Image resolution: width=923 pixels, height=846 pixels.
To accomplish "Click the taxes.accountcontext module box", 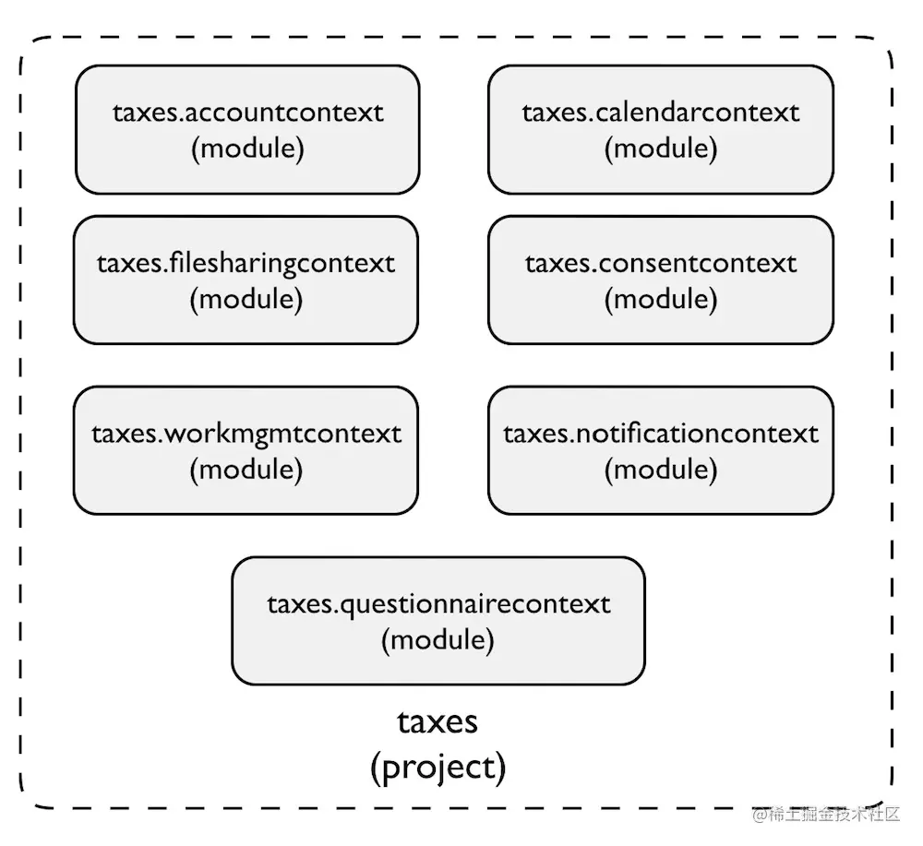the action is [247, 129].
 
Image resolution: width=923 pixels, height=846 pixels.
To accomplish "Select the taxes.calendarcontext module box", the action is [661, 129].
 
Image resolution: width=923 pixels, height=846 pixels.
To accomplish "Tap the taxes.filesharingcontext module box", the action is [246, 280].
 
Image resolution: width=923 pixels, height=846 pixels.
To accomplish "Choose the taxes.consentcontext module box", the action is [661, 280].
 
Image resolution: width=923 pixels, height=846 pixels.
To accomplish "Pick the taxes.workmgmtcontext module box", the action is [246, 450].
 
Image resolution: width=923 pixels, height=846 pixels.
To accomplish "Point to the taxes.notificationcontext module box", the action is [661, 450].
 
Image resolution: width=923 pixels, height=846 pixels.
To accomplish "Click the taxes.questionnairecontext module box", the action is [438, 621].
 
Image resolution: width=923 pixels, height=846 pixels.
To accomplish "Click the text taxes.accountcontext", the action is [247, 113].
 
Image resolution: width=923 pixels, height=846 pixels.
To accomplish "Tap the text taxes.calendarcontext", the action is [661, 113].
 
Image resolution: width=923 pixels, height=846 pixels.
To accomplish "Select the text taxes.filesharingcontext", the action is [246, 264].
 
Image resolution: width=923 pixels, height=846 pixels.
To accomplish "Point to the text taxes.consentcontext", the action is [661, 264].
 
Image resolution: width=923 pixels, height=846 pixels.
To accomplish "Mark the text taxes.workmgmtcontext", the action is [246, 435].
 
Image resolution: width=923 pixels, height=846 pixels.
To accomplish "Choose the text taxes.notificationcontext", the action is [661, 434].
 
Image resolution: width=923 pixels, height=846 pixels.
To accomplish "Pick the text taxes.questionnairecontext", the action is [438, 605].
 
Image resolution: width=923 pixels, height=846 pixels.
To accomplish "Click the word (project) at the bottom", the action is [438, 768].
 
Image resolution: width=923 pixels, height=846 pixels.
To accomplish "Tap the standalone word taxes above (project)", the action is [438, 722].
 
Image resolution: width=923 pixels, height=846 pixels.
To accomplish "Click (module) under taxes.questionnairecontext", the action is [438, 640].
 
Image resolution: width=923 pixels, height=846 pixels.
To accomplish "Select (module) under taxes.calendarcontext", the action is [661, 149].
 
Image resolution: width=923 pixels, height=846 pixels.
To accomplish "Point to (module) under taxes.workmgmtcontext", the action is [246, 470].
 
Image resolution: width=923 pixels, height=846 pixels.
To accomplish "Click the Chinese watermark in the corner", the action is [826, 815].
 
